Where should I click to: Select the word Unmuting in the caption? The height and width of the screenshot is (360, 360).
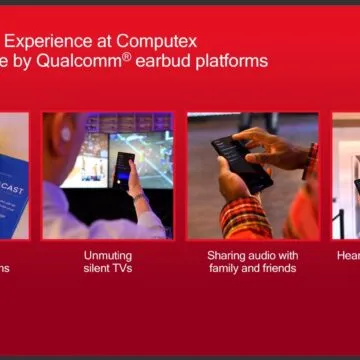[107, 255]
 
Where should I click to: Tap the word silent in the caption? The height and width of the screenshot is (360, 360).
[98, 268]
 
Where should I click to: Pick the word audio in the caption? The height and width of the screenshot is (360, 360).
[263, 255]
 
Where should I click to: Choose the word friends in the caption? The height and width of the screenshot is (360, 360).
[277, 268]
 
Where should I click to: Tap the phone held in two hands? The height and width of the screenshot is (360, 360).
[239, 161]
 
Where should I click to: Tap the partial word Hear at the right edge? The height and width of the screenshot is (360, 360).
[348, 255]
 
